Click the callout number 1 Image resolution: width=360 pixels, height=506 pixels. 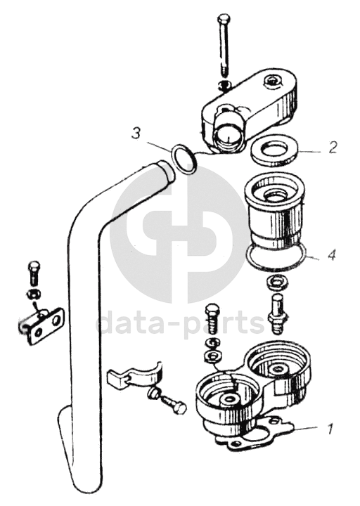(329, 429)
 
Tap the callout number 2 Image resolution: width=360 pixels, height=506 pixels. (333, 147)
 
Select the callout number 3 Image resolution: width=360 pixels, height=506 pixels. (136, 133)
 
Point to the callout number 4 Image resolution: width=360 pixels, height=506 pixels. (332, 255)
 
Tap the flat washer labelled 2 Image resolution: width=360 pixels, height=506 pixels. (274, 150)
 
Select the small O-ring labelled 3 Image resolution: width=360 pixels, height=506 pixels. (183, 159)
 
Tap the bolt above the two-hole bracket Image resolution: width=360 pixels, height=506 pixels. (34, 273)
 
